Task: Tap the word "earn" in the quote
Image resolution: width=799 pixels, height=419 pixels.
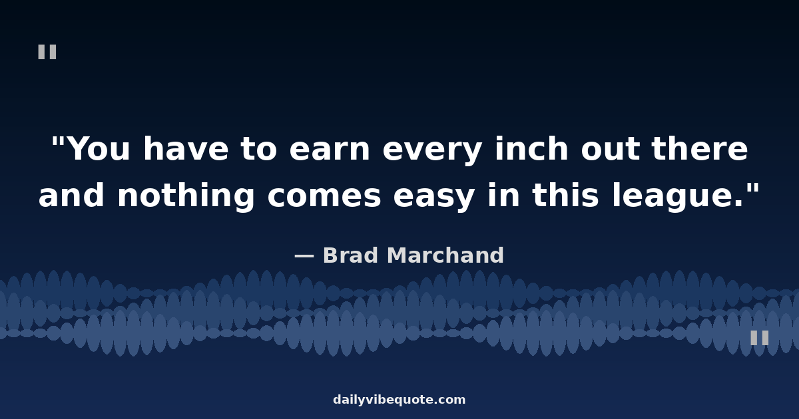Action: (x=330, y=149)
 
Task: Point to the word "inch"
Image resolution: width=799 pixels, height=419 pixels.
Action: (x=531, y=148)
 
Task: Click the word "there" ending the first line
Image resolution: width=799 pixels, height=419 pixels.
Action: (x=700, y=148)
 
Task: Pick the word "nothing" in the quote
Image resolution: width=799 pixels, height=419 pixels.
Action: (x=186, y=196)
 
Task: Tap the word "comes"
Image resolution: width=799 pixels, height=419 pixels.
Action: (x=324, y=196)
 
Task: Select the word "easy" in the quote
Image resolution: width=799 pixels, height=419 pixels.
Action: (x=434, y=198)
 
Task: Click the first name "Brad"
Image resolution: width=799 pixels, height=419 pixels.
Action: (x=350, y=255)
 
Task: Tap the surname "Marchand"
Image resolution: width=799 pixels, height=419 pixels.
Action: (x=445, y=255)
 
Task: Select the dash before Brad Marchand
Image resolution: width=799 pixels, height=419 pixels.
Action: (x=304, y=256)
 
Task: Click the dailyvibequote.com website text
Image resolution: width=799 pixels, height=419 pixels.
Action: (x=399, y=400)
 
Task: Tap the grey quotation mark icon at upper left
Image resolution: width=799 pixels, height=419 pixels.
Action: (x=47, y=52)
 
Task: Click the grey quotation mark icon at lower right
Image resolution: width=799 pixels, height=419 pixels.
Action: (x=760, y=338)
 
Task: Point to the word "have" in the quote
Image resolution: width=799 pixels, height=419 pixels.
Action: (x=186, y=148)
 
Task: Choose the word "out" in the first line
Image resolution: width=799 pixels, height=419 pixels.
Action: (x=610, y=149)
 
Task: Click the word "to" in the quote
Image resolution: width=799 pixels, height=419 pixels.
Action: (x=258, y=149)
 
